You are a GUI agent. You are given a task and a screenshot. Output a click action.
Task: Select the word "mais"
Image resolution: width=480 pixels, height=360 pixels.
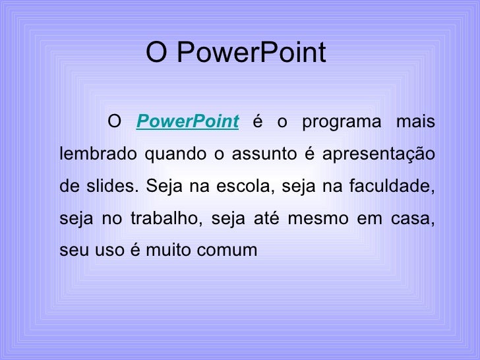pyautogui.click(x=415, y=122)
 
